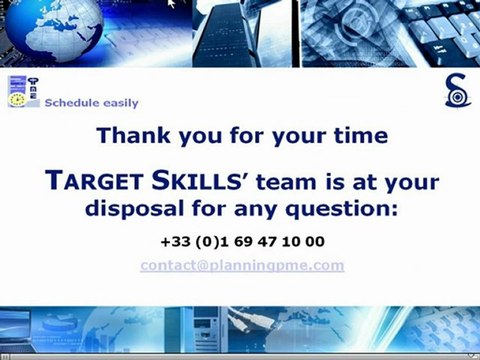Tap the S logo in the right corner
(456, 92)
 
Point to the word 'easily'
(119, 103)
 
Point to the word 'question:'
(343, 210)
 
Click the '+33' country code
(174, 242)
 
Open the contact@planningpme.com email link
(242, 265)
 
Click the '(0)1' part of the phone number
(207, 242)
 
